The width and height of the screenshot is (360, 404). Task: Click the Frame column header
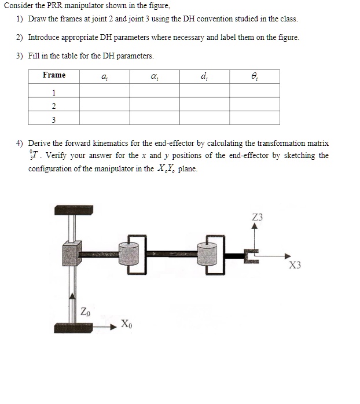54,76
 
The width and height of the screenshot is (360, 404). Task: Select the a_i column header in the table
104,76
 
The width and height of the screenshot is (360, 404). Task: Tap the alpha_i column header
154,76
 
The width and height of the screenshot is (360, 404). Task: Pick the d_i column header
204,76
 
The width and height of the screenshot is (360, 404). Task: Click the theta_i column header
254,76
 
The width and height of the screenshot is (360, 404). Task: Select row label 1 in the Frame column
54,93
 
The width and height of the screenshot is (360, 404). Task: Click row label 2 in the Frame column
54,106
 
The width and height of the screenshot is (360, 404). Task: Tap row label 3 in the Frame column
54,119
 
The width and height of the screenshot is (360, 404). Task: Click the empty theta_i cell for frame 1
254,92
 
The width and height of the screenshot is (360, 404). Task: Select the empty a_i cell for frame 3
104,119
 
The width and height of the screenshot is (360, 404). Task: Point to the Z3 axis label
258,217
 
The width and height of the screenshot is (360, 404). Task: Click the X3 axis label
295,266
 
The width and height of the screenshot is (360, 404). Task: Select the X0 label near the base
127,324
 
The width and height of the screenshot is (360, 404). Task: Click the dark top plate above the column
75,210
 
